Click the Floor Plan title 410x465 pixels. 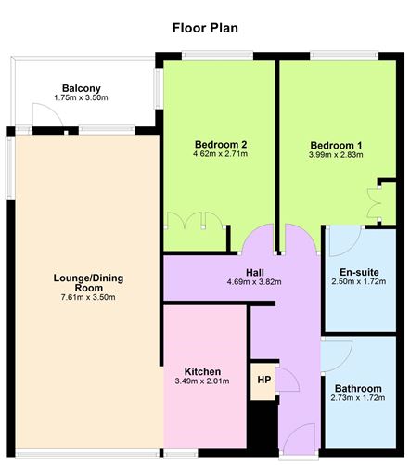(x=205, y=27)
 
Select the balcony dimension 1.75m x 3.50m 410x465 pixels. (x=82, y=98)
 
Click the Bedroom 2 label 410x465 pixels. (x=220, y=144)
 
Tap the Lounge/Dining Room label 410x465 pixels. (x=89, y=283)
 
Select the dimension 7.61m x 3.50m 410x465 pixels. (x=89, y=298)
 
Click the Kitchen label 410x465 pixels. (x=202, y=371)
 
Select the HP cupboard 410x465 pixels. (x=264, y=381)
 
